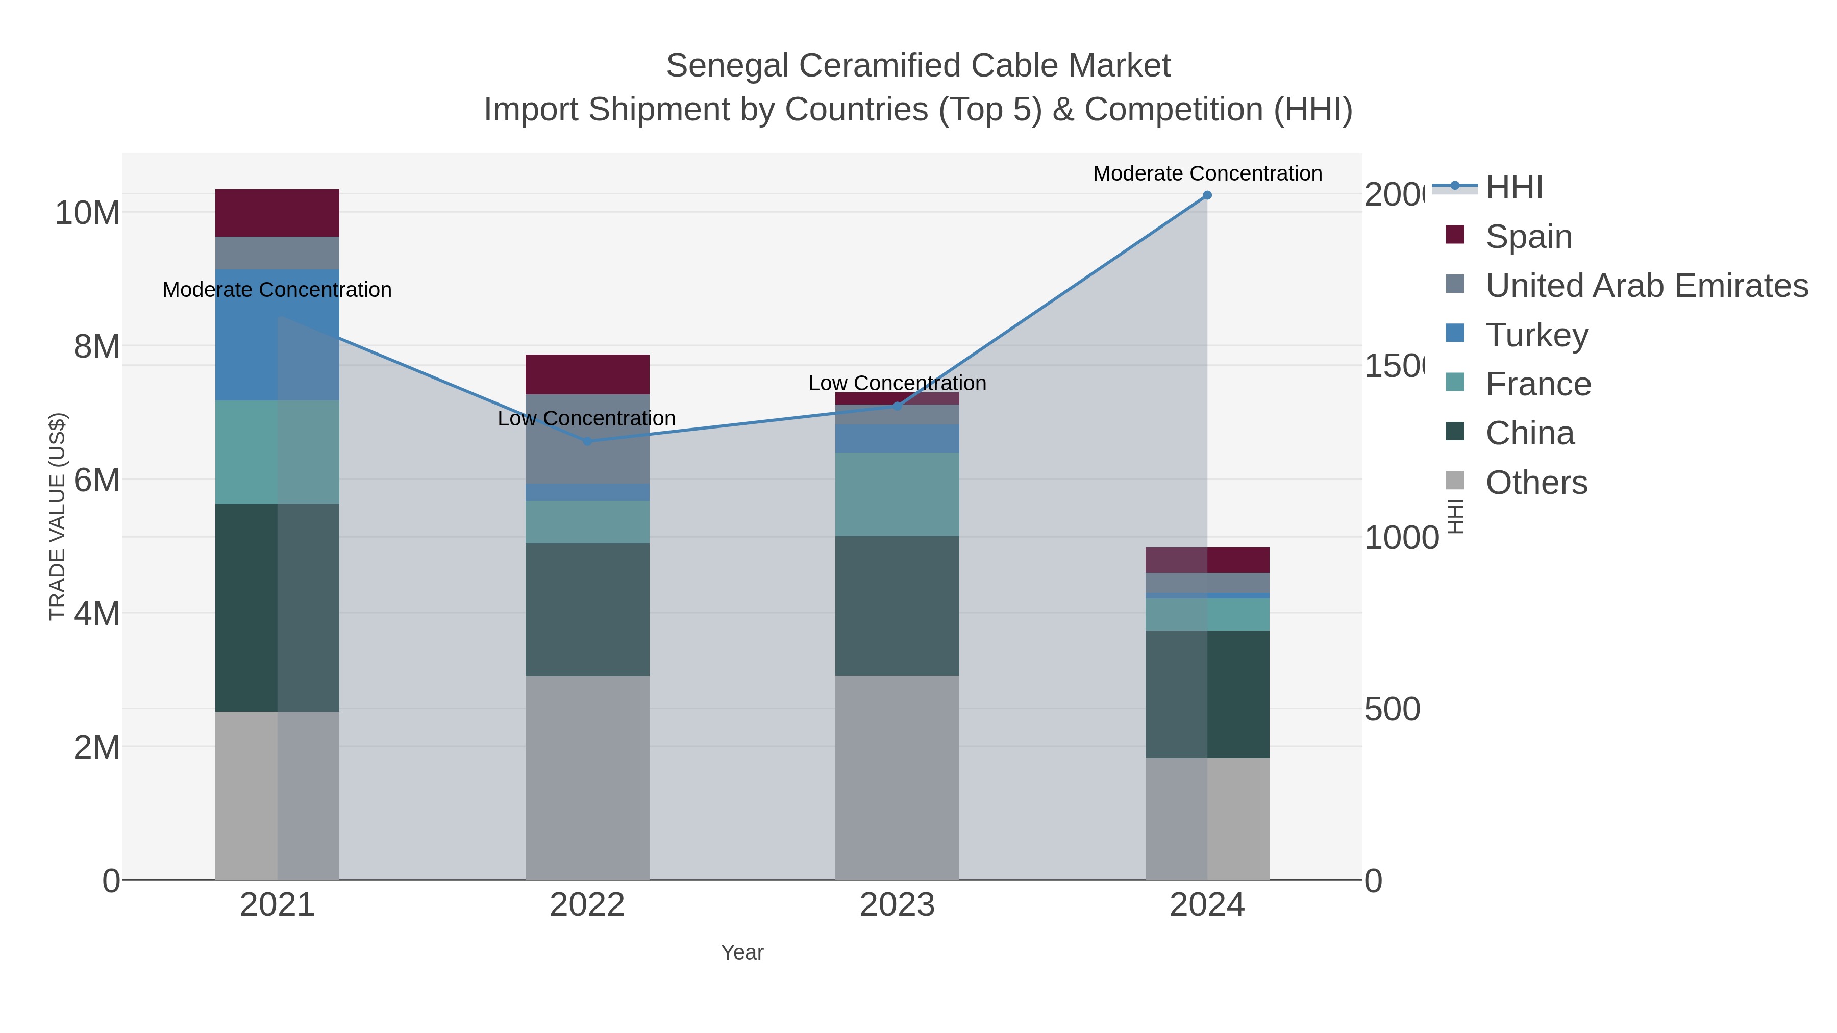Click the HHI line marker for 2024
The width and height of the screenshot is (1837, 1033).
tap(1207, 195)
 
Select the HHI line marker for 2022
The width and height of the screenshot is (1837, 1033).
tap(587, 441)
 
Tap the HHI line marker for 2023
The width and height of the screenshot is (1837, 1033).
tap(897, 407)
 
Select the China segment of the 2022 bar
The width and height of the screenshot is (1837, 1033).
tap(587, 610)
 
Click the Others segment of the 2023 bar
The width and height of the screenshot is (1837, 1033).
tap(897, 777)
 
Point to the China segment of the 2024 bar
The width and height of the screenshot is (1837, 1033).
tap(1207, 694)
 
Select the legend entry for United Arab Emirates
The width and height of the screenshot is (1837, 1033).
tap(1646, 286)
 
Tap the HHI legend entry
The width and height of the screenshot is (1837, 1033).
tap(1513, 188)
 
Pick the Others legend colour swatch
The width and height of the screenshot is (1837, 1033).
tap(1455, 481)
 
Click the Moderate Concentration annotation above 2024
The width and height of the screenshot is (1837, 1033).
tap(1207, 173)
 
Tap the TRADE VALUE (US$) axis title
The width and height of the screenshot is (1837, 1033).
tap(57, 516)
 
